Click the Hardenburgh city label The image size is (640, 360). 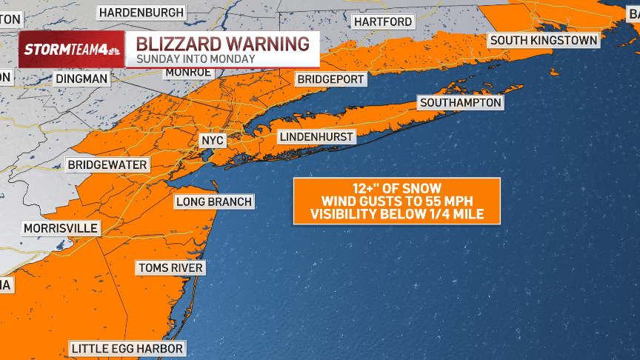tap(141, 13)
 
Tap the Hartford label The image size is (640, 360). tap(383, 21)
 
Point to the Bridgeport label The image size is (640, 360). tap(330, 79)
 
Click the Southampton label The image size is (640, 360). tap(460, 103)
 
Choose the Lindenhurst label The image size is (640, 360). tap(316, 137)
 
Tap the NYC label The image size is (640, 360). tap(212, 140)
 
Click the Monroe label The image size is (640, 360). tap(188, 72)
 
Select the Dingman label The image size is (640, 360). tap(81, 78)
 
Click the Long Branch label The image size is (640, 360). tap(214, 201)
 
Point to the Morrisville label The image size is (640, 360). tap(60, 228)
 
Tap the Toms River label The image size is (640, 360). tap(170, 267)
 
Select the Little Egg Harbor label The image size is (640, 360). tap(127, 348)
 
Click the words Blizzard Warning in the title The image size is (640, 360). tap(222, 44)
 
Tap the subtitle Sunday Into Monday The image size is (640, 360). tap(196, 59)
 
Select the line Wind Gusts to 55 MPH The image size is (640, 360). tap(396, 201)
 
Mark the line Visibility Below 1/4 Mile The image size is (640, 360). tap(396, 215)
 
